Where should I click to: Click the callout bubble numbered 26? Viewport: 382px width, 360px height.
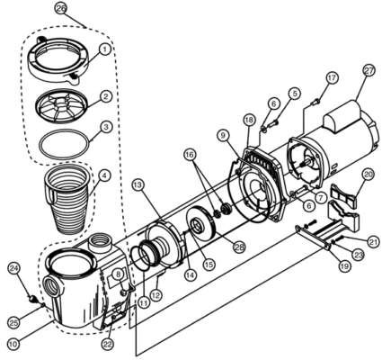61,9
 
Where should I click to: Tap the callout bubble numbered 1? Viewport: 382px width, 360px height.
105,49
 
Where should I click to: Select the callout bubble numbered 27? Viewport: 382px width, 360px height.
369,71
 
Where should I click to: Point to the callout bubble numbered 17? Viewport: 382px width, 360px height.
333,78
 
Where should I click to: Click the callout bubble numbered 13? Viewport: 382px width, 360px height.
138,184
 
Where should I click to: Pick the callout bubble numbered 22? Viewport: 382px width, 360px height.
108,345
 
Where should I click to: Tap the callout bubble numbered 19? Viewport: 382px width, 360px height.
344,266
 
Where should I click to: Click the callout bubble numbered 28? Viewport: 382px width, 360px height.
240,247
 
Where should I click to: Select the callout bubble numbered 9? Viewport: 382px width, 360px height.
223,136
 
